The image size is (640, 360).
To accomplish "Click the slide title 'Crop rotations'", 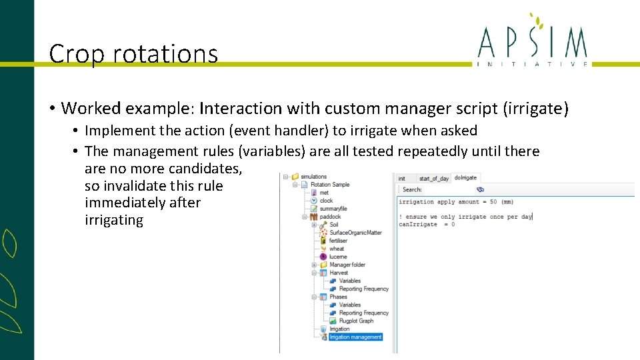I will point(133,53).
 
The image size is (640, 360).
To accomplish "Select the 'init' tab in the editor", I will point(402,178).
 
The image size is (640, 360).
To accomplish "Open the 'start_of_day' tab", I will point(433,178).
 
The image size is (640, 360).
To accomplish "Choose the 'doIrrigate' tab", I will point(465,178).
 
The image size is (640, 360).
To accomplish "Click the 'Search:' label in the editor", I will point(412,190).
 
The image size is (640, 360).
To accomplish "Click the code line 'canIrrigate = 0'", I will point(427,225).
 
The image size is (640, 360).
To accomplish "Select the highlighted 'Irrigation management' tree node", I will point(355,337).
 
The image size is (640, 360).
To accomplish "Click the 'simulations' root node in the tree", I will point(314,177).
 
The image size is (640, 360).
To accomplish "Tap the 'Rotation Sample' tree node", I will point(331,185).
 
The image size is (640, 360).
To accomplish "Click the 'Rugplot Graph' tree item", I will point(356,321).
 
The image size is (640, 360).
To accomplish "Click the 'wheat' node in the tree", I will point(337,249).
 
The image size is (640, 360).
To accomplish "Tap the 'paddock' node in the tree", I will point(331,217).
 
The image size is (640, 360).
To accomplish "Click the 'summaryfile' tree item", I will point(333,209).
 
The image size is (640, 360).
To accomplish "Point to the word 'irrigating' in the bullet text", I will point(114,221).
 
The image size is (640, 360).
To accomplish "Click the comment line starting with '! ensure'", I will point(465,217).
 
